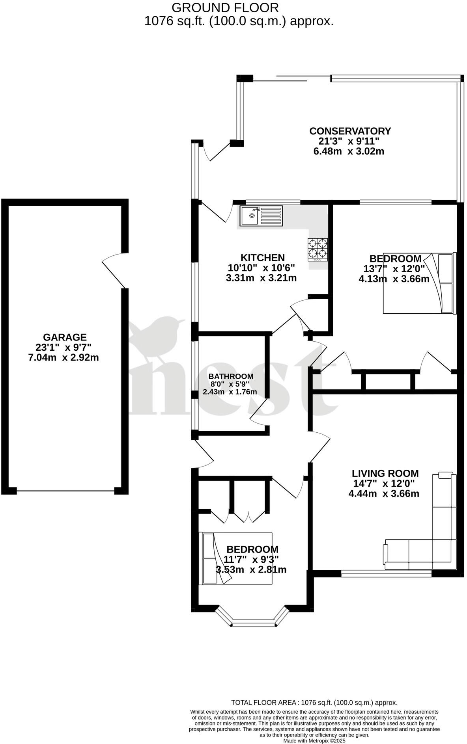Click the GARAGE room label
pos(65,337)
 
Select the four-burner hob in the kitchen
pos(318,249)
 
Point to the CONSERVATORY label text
pos(350,131)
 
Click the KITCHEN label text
pos(263,258)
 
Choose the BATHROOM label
pos(231,376)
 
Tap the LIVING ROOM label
pos(385,474)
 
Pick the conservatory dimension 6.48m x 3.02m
pos(349,151)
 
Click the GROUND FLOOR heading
pos(225,7)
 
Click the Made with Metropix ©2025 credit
pos(314,741)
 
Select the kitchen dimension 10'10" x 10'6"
pos(262,268)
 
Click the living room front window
pos(386,573)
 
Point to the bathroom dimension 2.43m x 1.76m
pos(230,392)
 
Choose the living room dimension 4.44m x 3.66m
pos(383,493)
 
